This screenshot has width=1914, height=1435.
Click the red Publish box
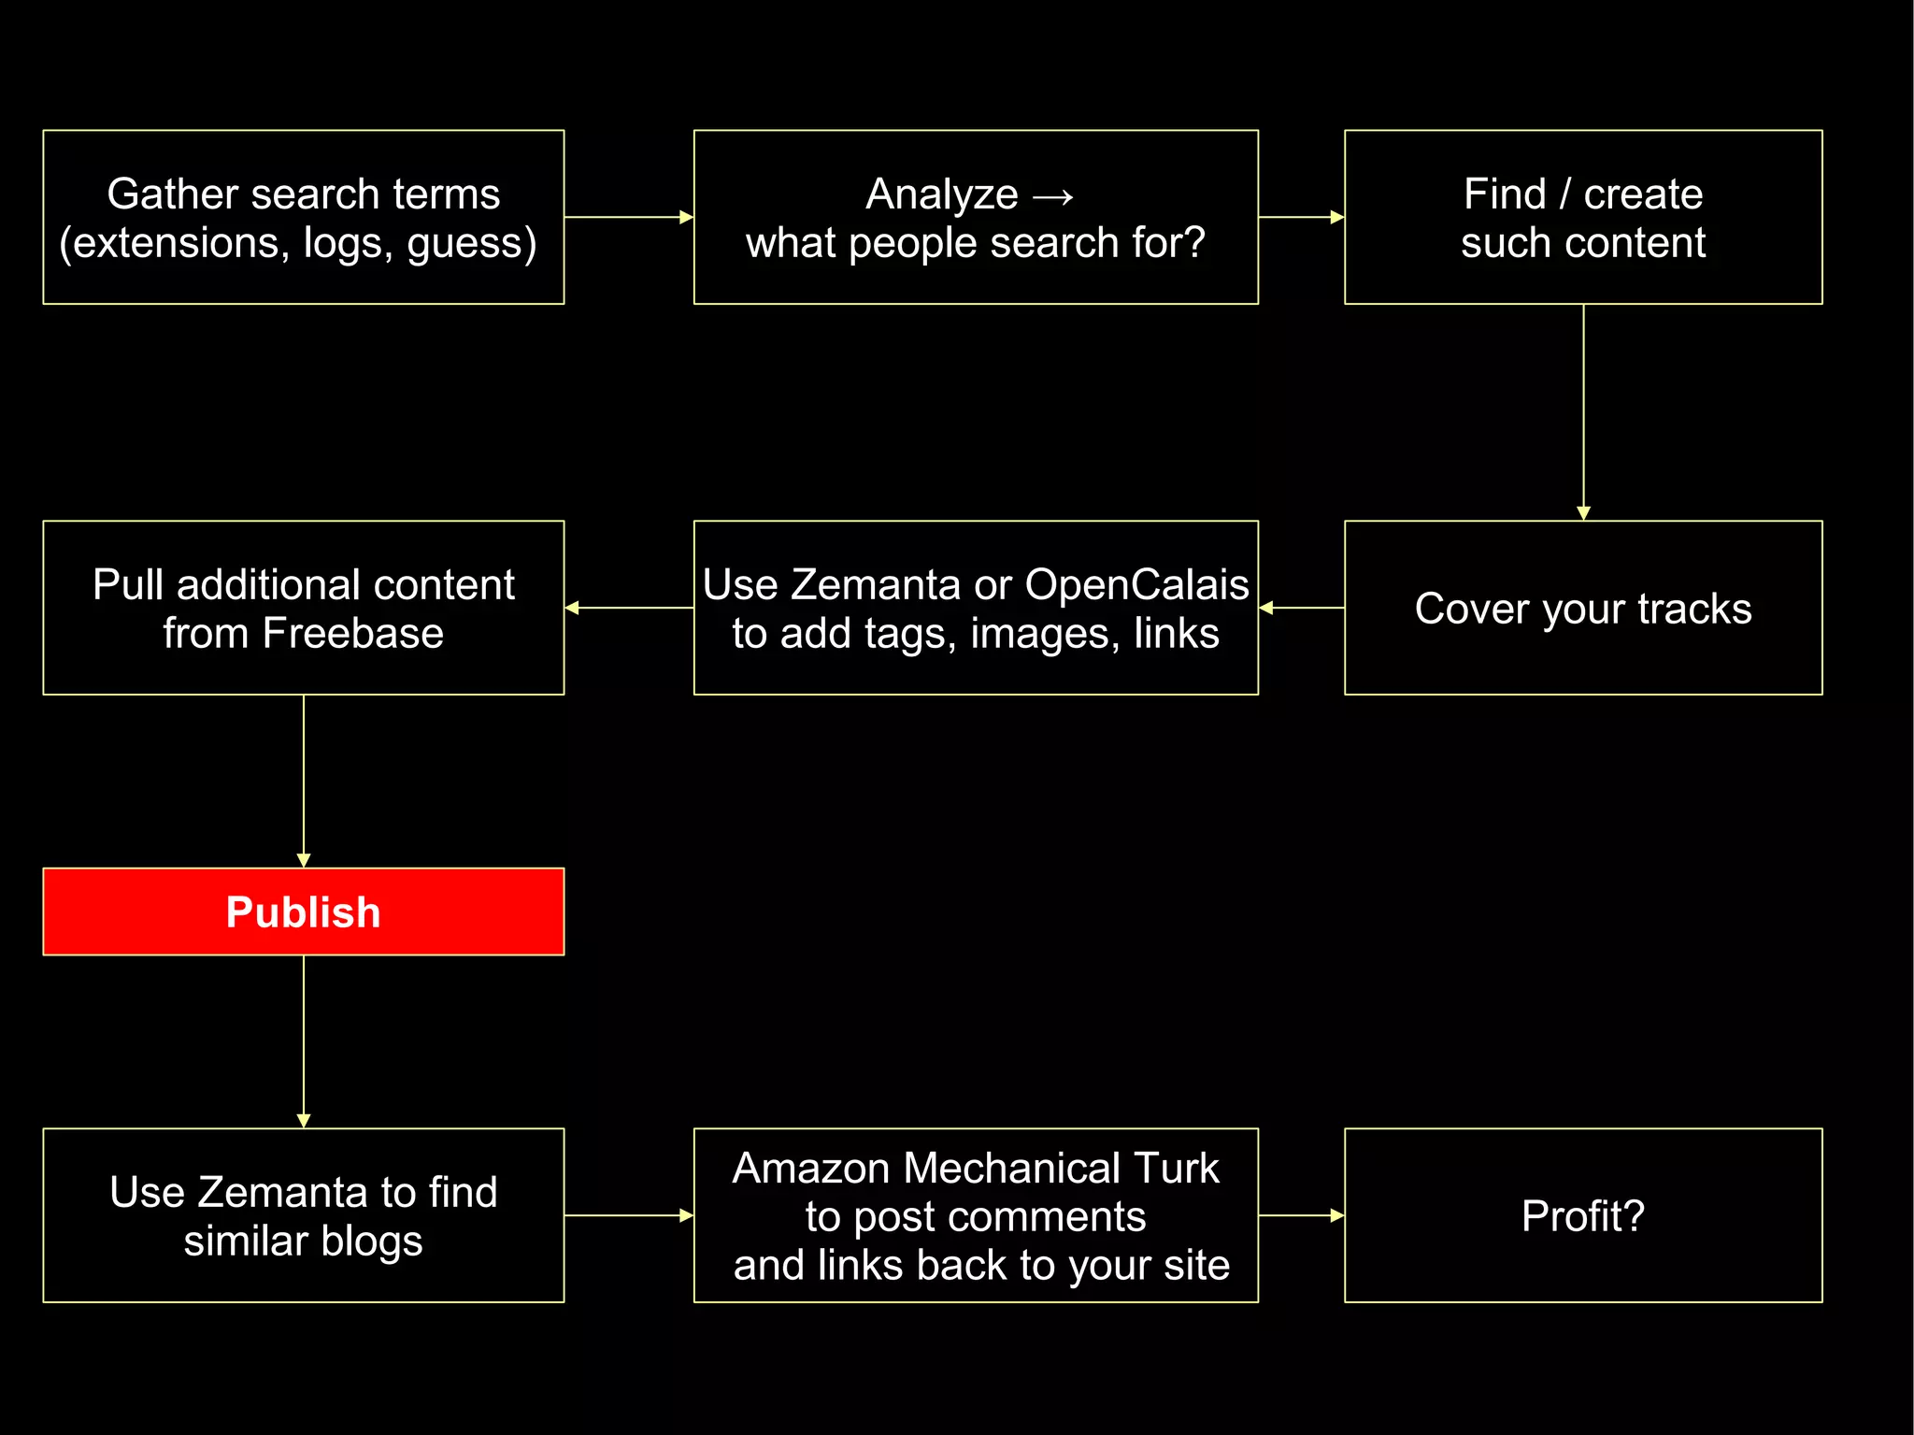tap(303, 911)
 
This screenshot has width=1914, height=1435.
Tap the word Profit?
tap(1582, 1215)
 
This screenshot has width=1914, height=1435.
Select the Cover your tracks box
tap(1582, 608)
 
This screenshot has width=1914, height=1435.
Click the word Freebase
tap(352, 633)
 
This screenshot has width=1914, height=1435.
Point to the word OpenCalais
tap(1136, 584)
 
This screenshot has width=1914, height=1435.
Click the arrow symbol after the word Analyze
tap(1053, 195)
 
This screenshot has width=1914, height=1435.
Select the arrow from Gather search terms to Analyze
tap(628, 217)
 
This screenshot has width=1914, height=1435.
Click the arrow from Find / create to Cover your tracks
tap(1583, 411)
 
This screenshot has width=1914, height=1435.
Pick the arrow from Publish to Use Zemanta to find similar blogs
tap(304, 1040)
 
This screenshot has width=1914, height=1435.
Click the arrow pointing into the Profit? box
tap(1301, 1215)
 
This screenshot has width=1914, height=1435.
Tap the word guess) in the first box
tap(472, 243)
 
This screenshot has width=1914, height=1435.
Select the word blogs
tap(371, 1241)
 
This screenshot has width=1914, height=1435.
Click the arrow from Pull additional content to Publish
tap(304, 781)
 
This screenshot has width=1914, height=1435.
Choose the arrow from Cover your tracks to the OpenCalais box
tap(1301, 608)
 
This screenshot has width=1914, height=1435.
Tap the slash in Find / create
tap(1564, 194)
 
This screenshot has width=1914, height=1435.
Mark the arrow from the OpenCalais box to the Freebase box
tap(628, 608)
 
